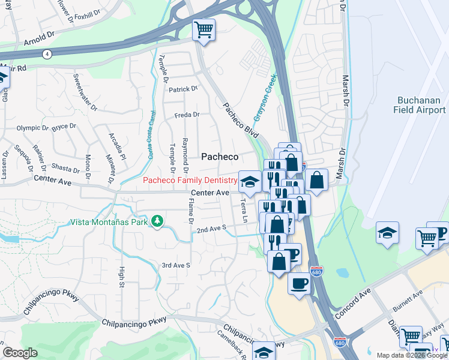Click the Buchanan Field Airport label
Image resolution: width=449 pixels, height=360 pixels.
pyautogui.click(x=420, y=105)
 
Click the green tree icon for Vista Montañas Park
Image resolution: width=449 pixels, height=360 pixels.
pyautogui.click(x=157, y=221)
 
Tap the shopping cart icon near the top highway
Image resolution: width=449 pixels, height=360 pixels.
pyautogui.click(x=203, y=29)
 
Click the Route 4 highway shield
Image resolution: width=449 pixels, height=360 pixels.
pyautogui.click(x=46, y=55)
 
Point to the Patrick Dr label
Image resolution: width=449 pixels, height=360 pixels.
pyautogui.click(x=182, y=89)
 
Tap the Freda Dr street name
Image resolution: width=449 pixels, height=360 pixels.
pyautogui.click(x=187, y=115)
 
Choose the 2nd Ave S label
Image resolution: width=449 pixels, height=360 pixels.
pyautogui.click(x=211, y=229)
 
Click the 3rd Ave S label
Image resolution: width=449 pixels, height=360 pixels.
pyautogui.click(x=175, y=265)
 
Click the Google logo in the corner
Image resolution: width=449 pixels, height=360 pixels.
pyautogui.click(x=20, y=353)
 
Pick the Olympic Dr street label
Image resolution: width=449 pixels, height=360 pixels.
pyautogui.click(x=32, y=128)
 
